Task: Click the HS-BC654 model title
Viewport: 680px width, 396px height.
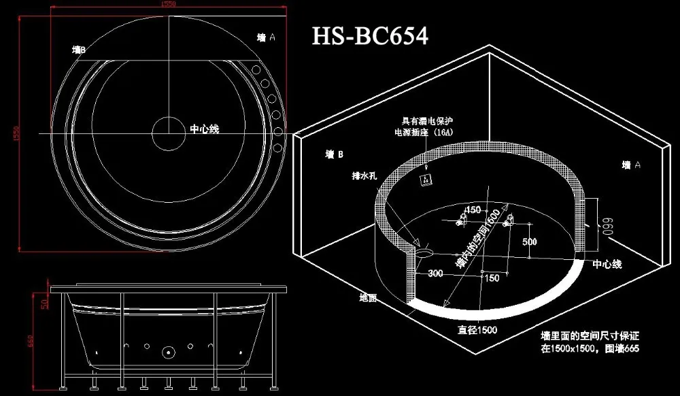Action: [x=370, y=35]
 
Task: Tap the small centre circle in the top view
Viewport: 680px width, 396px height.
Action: [x=168, y=133]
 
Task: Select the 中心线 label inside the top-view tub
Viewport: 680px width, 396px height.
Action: [x=204, y=129]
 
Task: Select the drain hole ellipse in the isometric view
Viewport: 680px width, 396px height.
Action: [x=424, y=252]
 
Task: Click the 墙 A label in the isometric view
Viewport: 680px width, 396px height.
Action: [x=632, y=165]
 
